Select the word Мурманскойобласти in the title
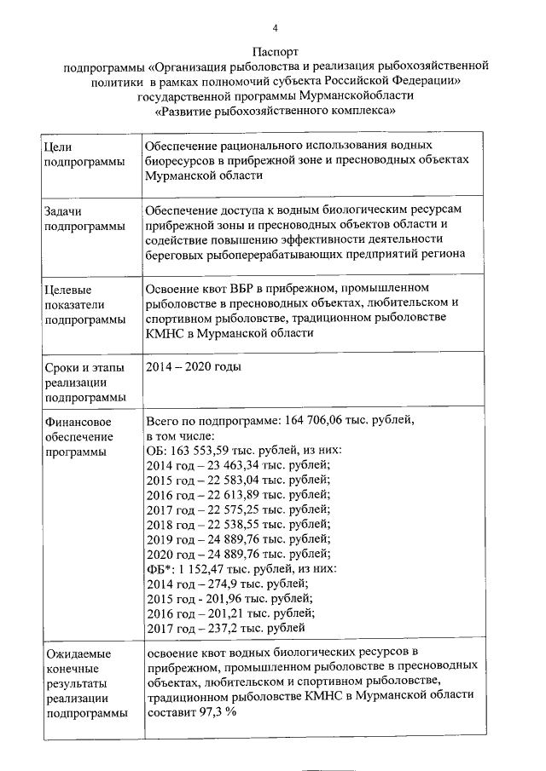(362, 96)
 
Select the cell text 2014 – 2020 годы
(193, 367)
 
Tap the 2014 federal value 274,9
(220, 584)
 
